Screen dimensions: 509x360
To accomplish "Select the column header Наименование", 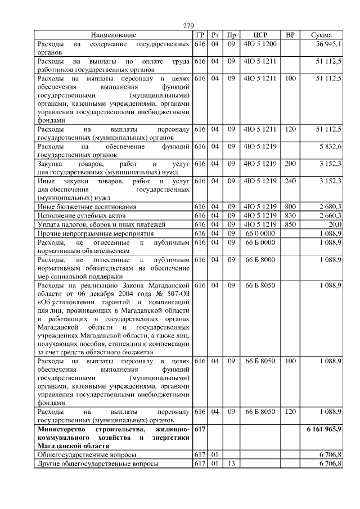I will (x=113, y=35).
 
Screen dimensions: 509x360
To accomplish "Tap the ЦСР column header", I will (x=260, y=35).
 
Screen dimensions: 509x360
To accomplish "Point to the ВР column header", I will (x=290, y=35).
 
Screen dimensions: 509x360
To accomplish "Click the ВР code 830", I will (x=290, y=215).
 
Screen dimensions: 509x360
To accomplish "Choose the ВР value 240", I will (x=290, y=181).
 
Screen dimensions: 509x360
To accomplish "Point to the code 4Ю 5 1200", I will (x=260, y=43).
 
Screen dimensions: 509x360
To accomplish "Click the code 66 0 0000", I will (x=260, y=233).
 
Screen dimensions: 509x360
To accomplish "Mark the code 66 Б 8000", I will (x=260, y=259).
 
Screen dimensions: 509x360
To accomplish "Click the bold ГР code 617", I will (x=199, y=429).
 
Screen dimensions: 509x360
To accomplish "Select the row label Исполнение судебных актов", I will (x=81, y=215).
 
